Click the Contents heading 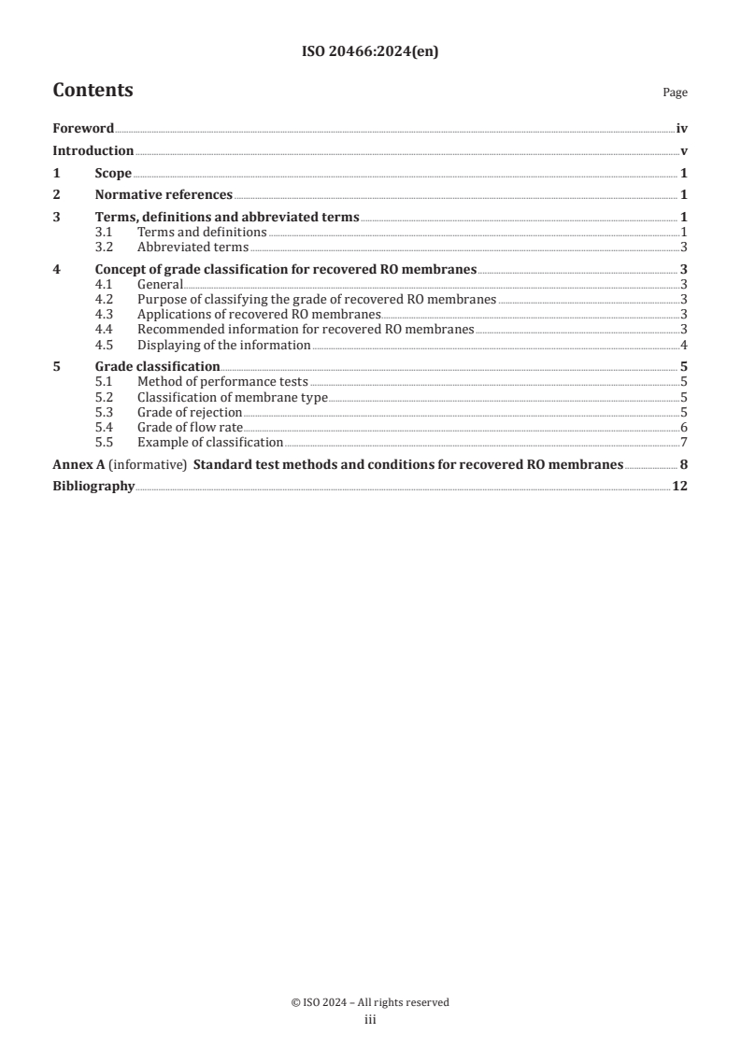[x=93, y=91]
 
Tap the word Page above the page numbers [x=675, y=93]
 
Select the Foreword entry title [x=83, y=129]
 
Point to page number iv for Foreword [x=682, y=129]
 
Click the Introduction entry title [x=93, y=151]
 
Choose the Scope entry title [x=113, y=174]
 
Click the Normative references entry [x=164, y=195]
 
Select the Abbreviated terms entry [x=192, y=248]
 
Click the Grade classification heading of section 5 [x=158, y=367]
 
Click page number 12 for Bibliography [x=680, y=487]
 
